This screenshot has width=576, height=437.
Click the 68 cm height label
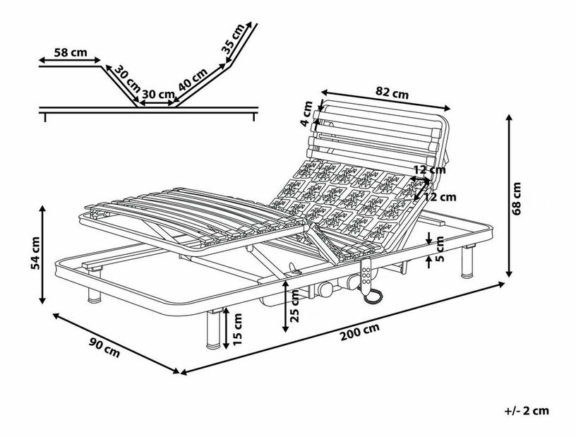coord(518,198)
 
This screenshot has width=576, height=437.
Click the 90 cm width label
coord(105,347)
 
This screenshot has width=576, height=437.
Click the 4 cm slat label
coord(307,113)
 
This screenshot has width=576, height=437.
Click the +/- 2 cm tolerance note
coord(527,410)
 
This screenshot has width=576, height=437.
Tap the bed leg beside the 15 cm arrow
coord(212,329)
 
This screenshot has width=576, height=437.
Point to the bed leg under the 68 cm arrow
coord(467,263)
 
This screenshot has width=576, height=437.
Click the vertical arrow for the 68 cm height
coord(508,198)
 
